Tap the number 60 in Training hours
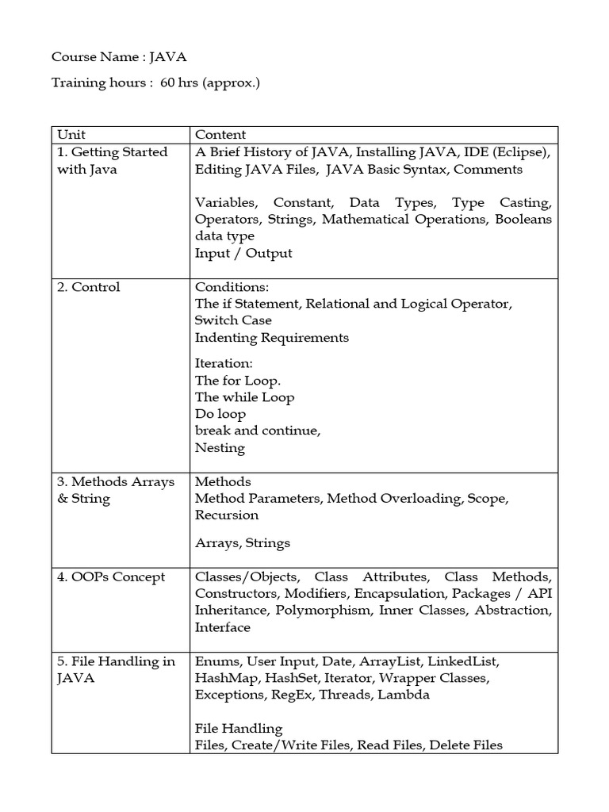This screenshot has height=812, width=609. pyautogui.click(x=167, y=82)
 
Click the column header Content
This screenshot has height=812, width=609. pyautogui.click(x=220, y=135)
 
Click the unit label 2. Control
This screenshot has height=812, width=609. pyautogui.click(x=88, y=287)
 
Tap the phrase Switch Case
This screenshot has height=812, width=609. pyautogui.click(x=233, y=320)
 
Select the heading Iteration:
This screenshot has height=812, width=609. pyautogui.click(x=224, y=363)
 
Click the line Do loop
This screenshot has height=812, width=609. pyautogui.click(x=220, y=414)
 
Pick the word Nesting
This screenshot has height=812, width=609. pyautogui.click(x=220, y=447)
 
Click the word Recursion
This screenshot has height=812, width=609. pyautogui.click(x=227, y=515)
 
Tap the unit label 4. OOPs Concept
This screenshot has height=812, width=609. pyautogui.click(x=111, y=577)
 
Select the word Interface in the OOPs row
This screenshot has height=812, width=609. pyautogui.click(x=223, y=627)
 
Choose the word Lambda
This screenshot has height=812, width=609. pyautogui.click(x=404, y=695)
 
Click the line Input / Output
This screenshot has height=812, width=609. pyautogui.click(x=243, y=253)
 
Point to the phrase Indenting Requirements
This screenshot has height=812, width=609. pyautogui.click(x=272, y=337)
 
